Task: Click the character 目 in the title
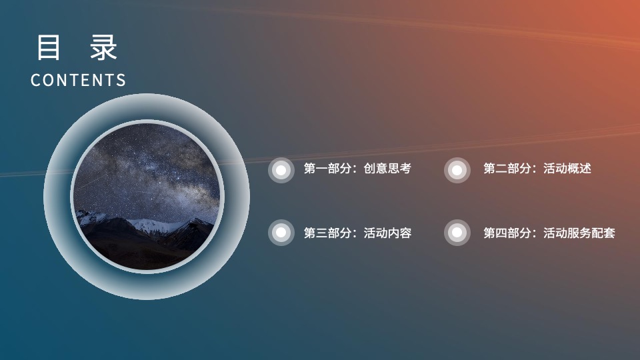click(x=48, y=48)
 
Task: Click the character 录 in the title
click(x=105, y=48)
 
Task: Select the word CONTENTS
click(x=78, y=80)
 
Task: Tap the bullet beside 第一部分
click(x=281, y=170)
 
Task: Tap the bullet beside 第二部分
click(x=457, y=170)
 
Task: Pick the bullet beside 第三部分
click(x=281, y=233)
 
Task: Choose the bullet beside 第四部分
click(x=457, y=233)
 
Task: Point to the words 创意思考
click(x=387, y=169)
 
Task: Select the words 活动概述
click(x=567, y=169)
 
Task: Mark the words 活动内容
click(x=387, y=233)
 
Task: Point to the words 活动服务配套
click(x=579, y=233)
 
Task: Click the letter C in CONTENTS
click(x=35, y=81)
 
